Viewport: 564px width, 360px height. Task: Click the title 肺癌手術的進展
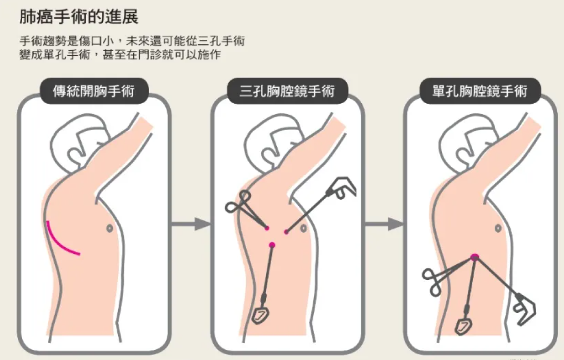pos(79,17)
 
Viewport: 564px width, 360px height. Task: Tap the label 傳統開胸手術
pos(94,91)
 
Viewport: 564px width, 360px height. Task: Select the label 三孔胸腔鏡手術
pos(287,91)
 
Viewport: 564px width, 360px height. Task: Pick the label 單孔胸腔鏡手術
pos(480,91)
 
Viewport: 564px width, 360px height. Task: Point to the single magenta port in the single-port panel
pos(475,257)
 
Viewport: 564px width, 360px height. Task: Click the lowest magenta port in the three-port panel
pos(272,245)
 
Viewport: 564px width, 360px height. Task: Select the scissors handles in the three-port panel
pos(238,202)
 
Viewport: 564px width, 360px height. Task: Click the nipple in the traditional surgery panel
pos(110,229)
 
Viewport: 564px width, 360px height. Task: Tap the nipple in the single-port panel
pos(498,229)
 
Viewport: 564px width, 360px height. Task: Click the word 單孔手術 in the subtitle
pos(67,54)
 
